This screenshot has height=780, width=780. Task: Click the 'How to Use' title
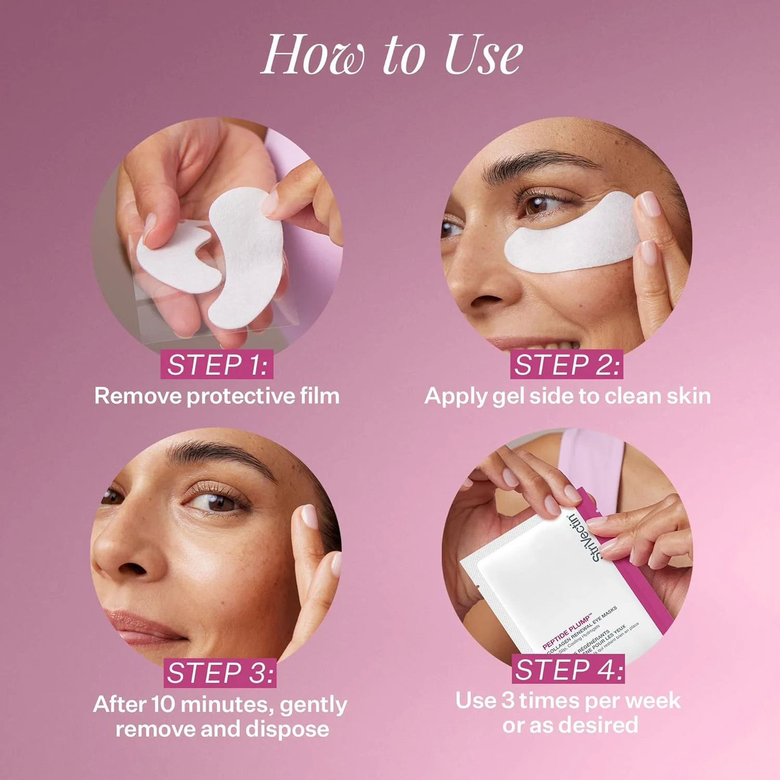click(x=391, y=55)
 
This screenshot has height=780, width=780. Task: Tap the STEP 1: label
click(x=217, y=365)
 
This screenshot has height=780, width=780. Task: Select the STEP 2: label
click(x=566, y=365)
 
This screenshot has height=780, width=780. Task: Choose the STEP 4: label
click(x=569, y=669)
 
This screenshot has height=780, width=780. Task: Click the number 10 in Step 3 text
click(x=164, y=705)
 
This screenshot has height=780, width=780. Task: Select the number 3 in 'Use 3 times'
click(x=508, y=701)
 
